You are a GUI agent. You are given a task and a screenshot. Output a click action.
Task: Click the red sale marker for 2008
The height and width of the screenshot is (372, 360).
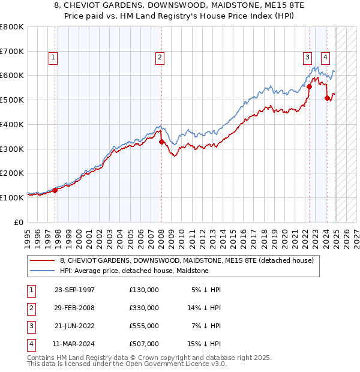click(161, 142)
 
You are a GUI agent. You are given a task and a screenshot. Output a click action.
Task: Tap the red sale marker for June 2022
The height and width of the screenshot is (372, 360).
click(309, 86)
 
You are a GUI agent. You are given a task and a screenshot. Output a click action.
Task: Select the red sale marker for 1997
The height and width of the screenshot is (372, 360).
click(55, 190)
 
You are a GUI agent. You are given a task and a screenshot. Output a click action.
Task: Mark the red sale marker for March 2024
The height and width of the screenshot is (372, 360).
click(327, 98)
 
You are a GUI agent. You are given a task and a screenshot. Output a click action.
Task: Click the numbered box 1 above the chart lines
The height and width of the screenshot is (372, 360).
click(53, 58)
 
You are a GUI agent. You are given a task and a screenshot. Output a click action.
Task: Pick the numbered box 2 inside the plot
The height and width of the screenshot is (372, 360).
click(160, 58)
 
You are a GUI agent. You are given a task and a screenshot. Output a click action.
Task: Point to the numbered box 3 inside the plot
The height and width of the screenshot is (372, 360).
click(307, 58)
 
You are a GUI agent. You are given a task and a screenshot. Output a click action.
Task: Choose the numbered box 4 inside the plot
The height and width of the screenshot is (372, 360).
click(325, 58)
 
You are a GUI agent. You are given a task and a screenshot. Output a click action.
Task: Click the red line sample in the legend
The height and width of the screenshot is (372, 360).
click(43, 261)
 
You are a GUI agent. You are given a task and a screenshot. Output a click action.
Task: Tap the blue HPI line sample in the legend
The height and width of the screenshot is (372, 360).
click(43, 271)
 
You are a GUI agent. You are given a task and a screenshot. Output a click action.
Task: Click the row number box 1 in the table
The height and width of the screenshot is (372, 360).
click(30, 290)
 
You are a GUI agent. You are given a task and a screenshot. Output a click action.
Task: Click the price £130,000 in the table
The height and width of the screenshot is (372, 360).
click(144, 290)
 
